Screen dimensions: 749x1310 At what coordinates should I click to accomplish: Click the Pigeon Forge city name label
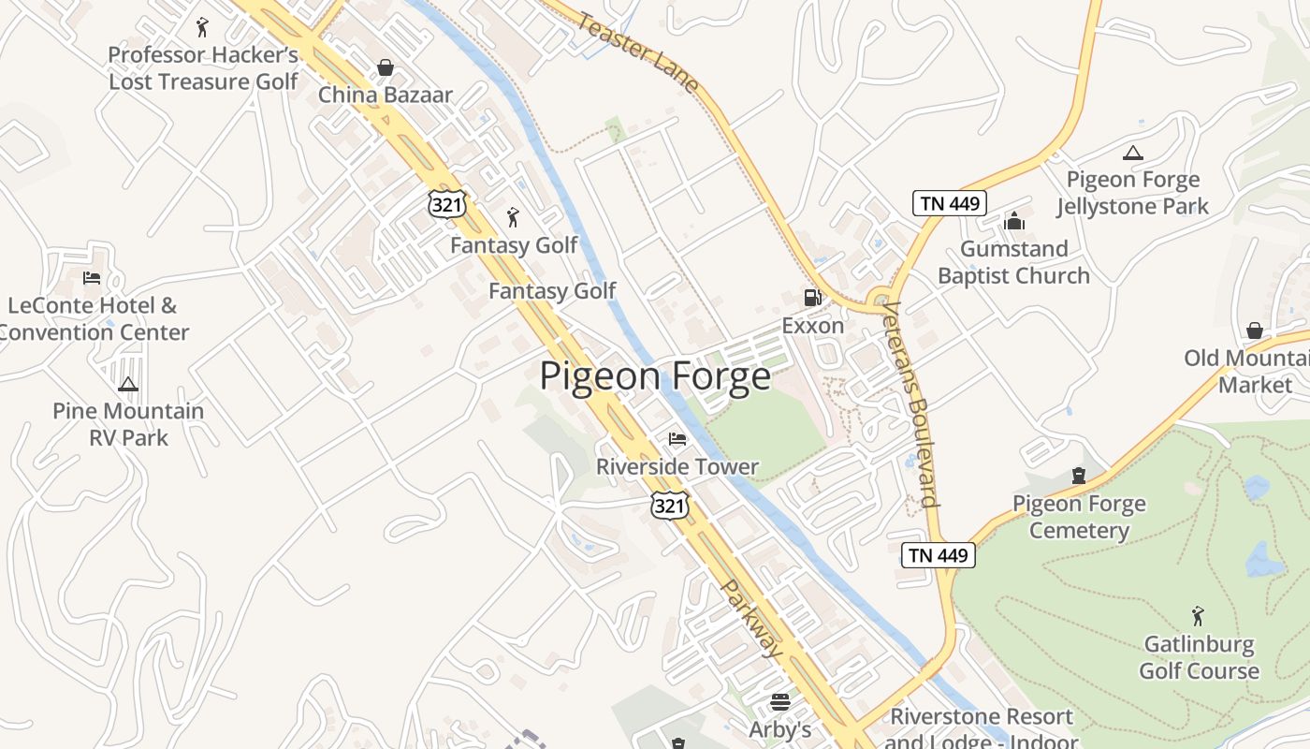[x=655, y=376]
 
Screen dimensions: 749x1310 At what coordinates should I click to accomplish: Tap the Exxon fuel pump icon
[x=812, y=298]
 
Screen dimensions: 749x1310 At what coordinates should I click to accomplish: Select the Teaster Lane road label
[x=638, y=51]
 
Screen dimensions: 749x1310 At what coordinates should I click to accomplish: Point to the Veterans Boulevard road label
[x=910, y=404]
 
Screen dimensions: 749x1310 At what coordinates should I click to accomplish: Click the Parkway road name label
[x=752, y=618]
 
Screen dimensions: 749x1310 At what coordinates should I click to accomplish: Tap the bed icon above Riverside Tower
[x=677, y=438]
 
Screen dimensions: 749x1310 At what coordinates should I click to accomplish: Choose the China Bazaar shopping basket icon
[x=385, y=67]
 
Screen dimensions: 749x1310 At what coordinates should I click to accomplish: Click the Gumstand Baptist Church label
[x=1013, y=262]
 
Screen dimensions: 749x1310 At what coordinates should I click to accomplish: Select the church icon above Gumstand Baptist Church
[x=1014, y=222]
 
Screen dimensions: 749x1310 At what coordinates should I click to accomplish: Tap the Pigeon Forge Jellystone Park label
[x=1132, y=193]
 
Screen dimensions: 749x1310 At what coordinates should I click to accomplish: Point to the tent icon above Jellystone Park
[x=1132, y=153]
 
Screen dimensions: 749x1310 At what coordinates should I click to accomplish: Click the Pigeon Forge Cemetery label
[x=1079, y=517]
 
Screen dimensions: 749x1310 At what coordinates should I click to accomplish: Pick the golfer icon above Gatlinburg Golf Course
[x=1198, y=616]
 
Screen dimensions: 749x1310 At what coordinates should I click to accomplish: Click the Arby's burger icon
[x=780, y=701]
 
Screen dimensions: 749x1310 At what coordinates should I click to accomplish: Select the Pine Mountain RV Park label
[x=128, y=424]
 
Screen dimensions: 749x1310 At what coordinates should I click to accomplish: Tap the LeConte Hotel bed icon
[x=92, y=277]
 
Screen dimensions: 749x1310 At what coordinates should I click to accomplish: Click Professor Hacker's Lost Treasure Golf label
[x=203, y=68]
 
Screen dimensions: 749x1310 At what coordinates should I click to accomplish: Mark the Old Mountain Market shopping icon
[x=1254, y=330]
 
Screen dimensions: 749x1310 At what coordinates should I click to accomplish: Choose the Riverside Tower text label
[x=677, y=466]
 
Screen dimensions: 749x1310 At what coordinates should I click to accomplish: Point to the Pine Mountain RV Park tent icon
[x=128, y=384]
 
